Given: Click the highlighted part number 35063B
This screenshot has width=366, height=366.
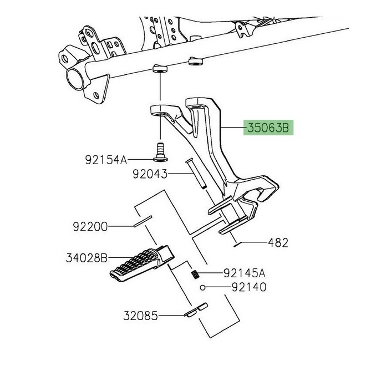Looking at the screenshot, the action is (x=268, y=128).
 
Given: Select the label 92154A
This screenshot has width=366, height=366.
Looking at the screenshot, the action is (x=106, y=160).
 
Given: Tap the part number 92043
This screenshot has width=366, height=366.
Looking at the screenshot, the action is (x=150, y=174).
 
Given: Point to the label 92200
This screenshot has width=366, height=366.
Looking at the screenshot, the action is (x=90, y=226).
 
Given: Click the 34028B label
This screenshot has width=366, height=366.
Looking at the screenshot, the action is (x=87, y=258).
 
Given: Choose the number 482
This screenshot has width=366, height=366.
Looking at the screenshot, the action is (x=278, y=243).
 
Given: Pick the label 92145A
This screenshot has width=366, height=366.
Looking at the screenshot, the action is (x=245, y=273).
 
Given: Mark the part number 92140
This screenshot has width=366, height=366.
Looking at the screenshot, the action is (x=249, y=287).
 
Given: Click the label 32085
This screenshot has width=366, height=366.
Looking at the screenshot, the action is (x=140, y=316).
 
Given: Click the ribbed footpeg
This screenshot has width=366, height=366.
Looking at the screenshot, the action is (x=142, y=263).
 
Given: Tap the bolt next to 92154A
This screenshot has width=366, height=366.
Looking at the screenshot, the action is (x=160, y=152).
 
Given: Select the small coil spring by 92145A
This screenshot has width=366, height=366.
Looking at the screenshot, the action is (x=196, y=274).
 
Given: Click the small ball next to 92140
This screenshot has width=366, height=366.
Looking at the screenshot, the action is (x=203, y=288).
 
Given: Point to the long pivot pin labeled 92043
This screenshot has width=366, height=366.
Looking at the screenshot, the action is (x=196, y=173).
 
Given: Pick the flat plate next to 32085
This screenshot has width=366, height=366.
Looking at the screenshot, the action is (x=196, y=310).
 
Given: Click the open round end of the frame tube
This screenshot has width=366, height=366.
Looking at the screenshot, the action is (x=75, y=78).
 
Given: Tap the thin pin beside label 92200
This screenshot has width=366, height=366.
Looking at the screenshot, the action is (x=143, y=221).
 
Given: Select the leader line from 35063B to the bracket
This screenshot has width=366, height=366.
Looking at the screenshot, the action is (x=233, y=128).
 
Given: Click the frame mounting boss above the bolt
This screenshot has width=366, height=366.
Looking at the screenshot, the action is (x=160, y=69).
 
